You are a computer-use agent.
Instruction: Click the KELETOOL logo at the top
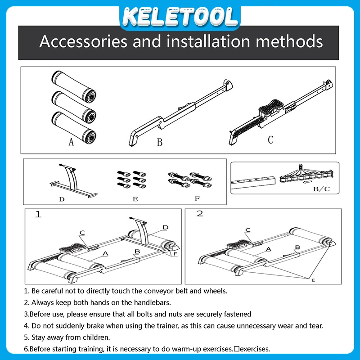point(180,17)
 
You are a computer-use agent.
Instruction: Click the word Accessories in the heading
point(83,41)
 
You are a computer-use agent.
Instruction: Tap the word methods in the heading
point(289,41)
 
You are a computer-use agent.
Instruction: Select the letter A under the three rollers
point(71,142)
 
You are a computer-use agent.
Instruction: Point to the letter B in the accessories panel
point(160,142)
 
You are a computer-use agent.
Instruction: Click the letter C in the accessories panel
point(271,139)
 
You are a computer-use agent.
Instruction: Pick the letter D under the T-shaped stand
point(62,199)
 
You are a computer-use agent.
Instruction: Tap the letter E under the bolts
point(135,199)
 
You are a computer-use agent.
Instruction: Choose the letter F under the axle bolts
point(197,198)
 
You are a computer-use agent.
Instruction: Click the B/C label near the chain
point(321,189)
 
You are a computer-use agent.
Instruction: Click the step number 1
point(38,215)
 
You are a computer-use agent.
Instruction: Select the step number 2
point(199,213)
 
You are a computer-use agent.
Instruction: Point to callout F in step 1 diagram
point(175,254)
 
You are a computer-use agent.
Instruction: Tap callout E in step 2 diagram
point(313,280)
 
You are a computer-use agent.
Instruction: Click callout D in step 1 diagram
point(165,227)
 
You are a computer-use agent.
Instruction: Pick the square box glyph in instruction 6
point(237,349)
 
